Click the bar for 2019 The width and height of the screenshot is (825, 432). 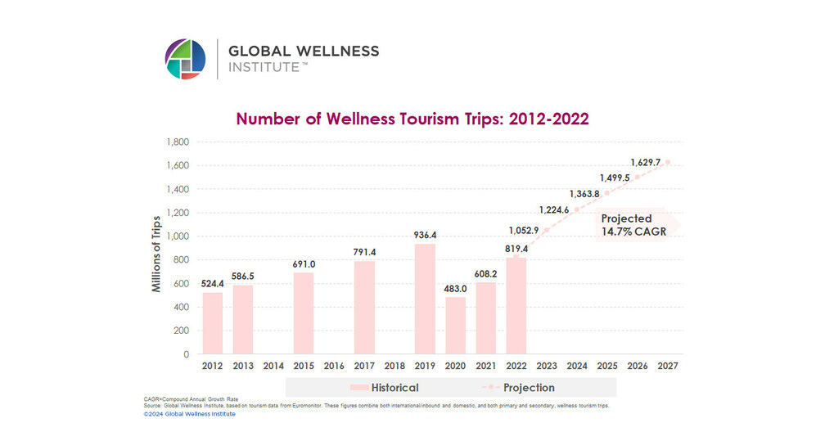pyautogui.click(x=425, y=299)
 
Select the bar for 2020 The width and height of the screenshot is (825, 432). pyautogui.click(x=455, y=326)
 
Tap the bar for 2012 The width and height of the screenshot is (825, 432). pyautogui.click(x=213, y=323)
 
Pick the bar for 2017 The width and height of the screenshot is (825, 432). pyautogui.click(x=364, y=308)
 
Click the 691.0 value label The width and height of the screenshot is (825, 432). pyautogui.click(x=304, y=264)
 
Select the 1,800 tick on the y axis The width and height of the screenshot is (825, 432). pyautogui.click(x=178, y=142)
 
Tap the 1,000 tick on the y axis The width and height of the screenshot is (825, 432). pyautogui.click(x=178, y=236)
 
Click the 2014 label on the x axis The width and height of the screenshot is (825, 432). pyautogui.click(x=273, y=365)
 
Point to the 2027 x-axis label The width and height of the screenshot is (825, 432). pyautogui.click(x=668, y=365)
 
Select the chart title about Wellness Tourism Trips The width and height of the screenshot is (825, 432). pyautogui.click(x=412, y=119)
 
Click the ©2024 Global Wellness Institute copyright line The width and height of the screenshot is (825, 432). pyautogui.click(x=189, y=414)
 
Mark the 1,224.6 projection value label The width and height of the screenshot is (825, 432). pyautogui.click(x=555, y=209)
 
